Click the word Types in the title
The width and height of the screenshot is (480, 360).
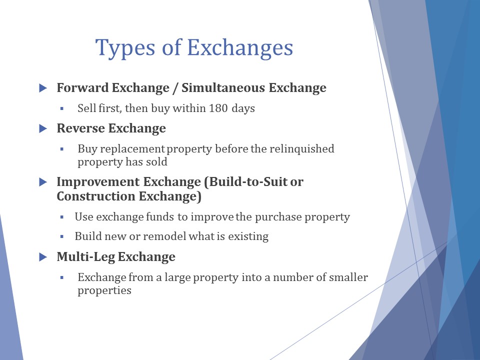point(125,48)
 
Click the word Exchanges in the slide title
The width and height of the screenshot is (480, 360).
point(240,48)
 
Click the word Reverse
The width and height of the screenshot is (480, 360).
point(80,128)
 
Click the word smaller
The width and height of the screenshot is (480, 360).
point(348,277)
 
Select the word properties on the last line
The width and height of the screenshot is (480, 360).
point(104,290)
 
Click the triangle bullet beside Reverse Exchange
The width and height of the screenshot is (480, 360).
point(43,128)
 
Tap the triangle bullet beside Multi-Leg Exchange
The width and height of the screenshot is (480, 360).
point(43,257)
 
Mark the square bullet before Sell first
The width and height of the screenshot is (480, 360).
point(62,108)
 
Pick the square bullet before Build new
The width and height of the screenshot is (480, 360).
point(62,236)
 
